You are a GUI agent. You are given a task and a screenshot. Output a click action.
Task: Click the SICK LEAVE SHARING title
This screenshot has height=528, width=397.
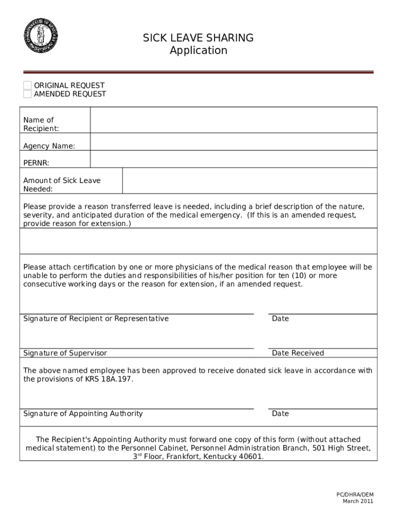point(198,38)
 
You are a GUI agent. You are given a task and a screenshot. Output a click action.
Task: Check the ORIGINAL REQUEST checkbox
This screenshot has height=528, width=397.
point(27,86)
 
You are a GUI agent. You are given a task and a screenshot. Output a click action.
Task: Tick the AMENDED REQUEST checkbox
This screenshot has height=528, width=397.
point(27,94)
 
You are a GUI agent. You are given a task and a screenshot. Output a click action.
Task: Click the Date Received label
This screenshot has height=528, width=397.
point(297,353)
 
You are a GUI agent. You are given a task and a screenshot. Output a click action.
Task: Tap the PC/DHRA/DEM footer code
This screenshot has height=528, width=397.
point(355,494)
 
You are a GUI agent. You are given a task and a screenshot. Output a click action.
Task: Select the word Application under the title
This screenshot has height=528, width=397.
point(198,51)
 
